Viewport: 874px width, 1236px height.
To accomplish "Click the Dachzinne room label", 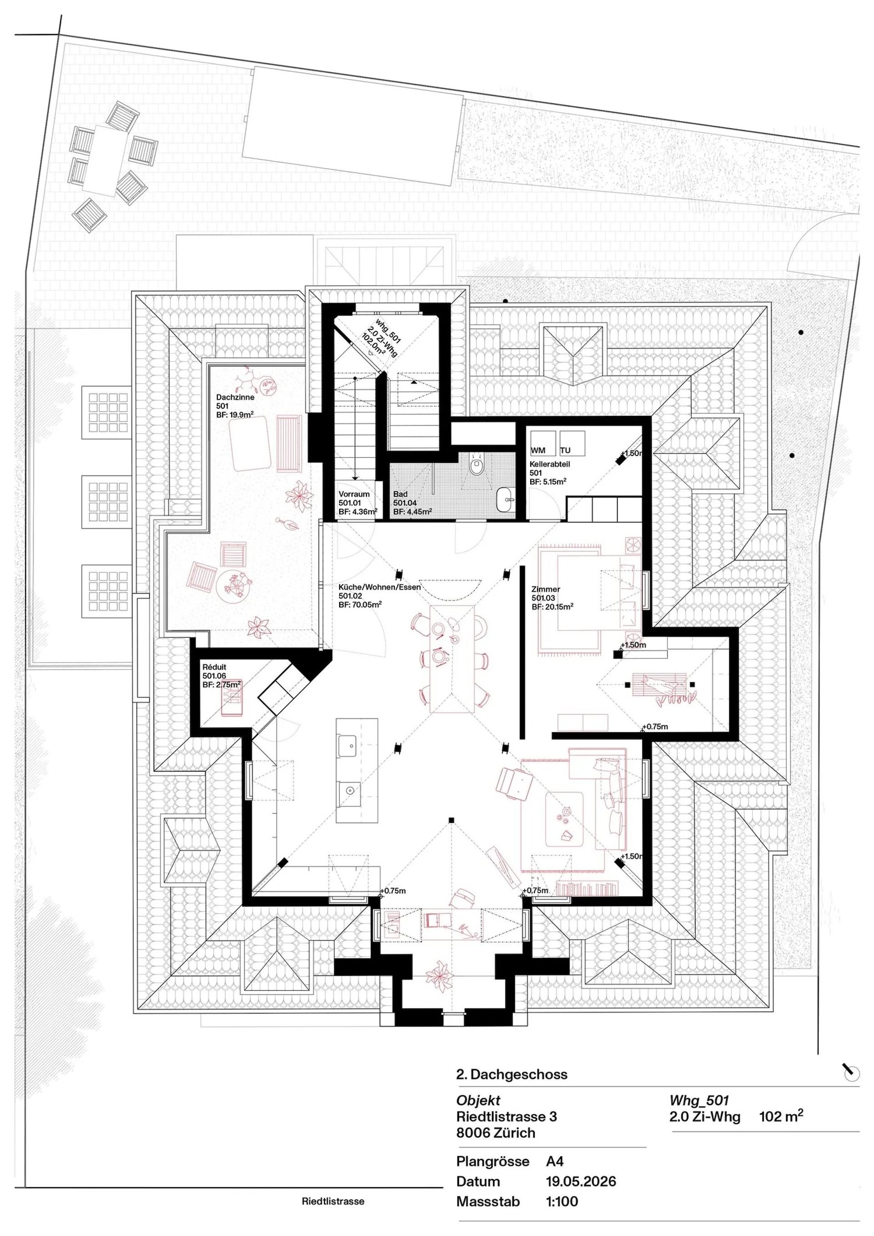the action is (235, 406).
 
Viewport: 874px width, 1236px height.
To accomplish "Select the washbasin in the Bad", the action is (506, 499).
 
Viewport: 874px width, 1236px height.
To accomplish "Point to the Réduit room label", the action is (221, 676).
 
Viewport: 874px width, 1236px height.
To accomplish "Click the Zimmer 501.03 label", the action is (552, 598).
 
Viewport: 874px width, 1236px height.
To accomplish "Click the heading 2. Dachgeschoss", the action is (512, 1074).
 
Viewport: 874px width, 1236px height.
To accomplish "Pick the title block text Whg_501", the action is (699, 1100).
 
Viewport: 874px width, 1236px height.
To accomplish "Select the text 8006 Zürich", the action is (495, 1133).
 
